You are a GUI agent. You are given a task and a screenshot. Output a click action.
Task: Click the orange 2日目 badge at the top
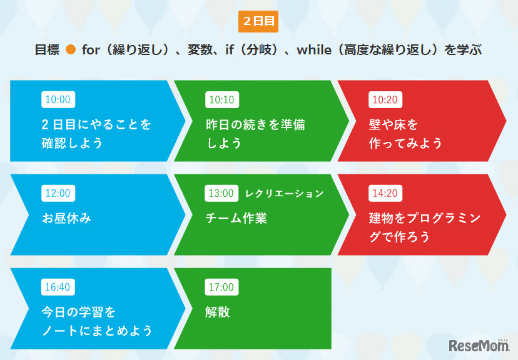tap(258, 21)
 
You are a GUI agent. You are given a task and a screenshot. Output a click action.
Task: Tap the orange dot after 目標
tap(71, 50)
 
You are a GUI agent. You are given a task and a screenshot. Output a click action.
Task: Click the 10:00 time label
tap(58, 99)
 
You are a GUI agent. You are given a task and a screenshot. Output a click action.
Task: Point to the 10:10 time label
tap(221, 99)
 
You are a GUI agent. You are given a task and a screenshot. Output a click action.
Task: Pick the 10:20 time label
tap(385, 99)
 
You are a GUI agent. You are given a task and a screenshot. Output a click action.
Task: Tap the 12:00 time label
tap(58, 193)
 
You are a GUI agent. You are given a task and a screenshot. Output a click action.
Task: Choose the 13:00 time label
tap(221, 193)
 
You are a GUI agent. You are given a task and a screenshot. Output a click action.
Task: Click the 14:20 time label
tap(385, 193)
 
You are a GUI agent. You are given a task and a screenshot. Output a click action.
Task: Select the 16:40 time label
tap(58, 287)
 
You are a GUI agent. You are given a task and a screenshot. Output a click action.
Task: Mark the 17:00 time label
tap(221, 287)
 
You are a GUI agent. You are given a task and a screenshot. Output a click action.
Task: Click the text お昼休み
tap(67, 218)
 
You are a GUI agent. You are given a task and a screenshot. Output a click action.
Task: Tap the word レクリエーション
tap(284, 193)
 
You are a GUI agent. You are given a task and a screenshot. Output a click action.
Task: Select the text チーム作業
tap(236, 218)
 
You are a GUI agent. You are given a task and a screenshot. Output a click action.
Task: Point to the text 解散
tap(218, 312)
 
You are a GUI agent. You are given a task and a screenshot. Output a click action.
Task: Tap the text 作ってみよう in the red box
tap(405, 143)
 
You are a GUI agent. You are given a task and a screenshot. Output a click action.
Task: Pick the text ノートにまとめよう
tap(97, 330)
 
